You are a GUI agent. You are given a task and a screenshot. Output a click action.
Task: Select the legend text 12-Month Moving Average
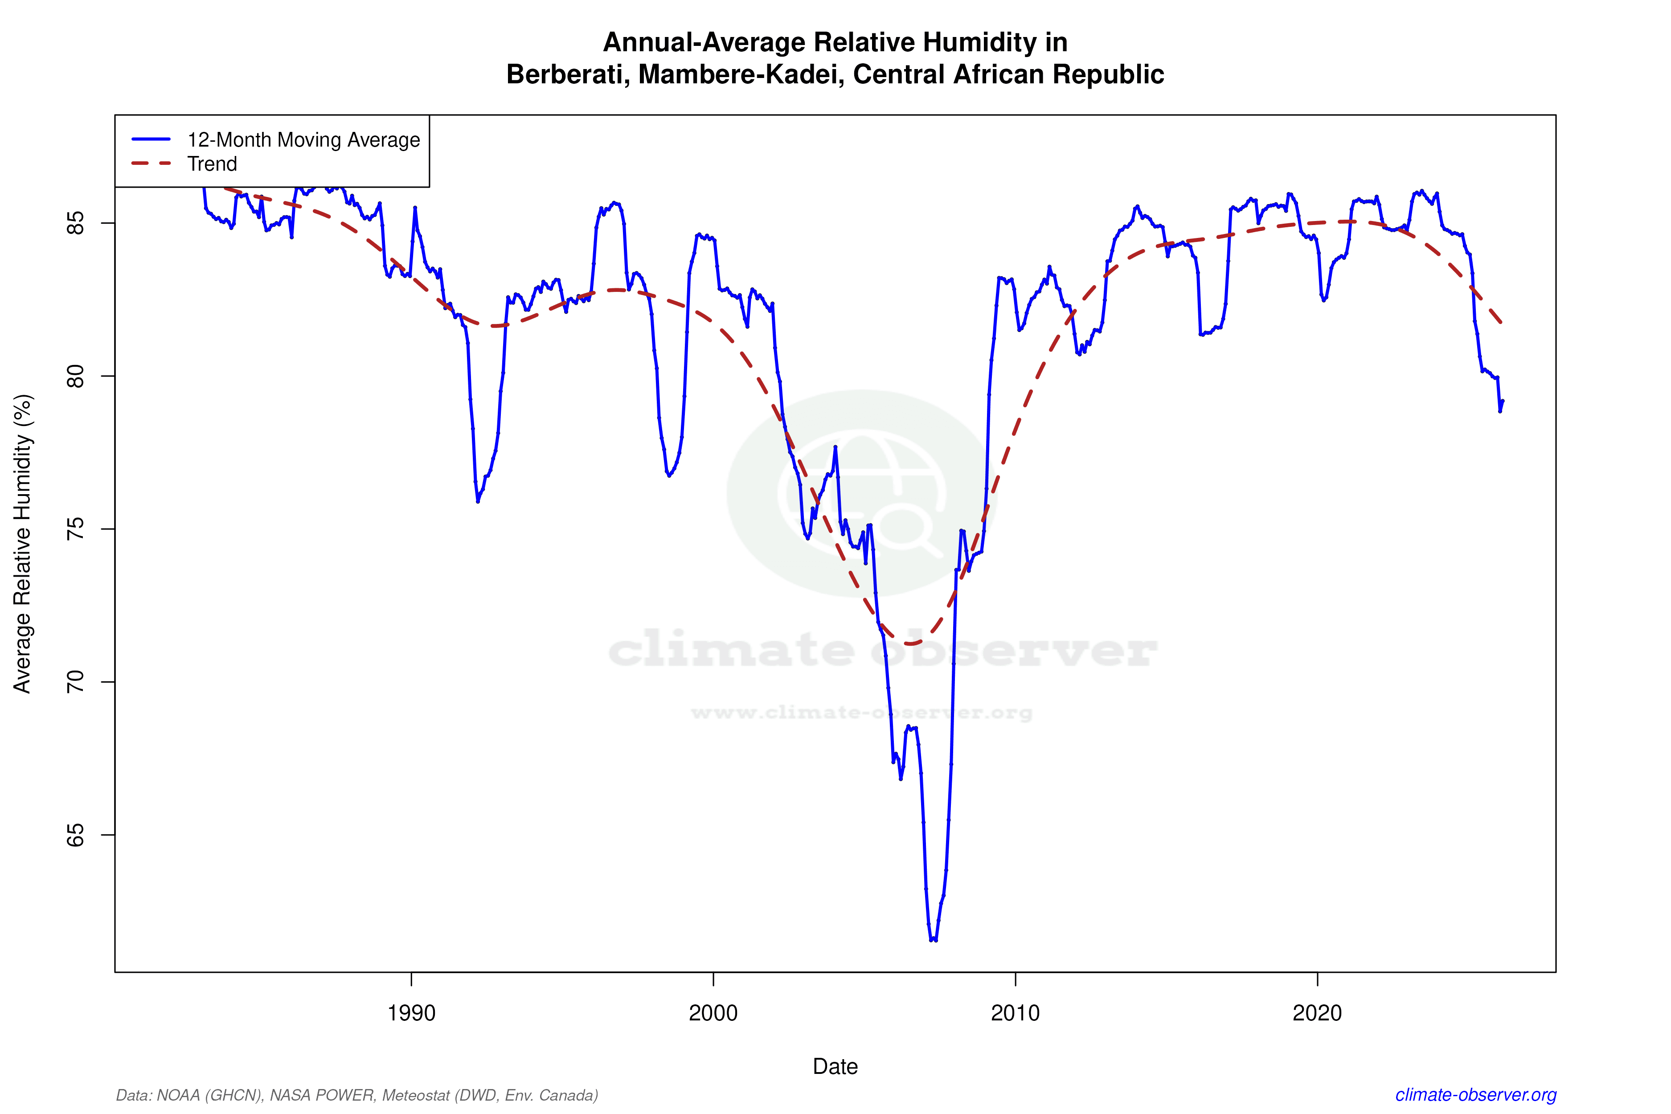pos(303,140)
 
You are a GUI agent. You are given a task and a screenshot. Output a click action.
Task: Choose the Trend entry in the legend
pos(212,164)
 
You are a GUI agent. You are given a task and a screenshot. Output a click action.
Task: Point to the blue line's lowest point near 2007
pos(933,940)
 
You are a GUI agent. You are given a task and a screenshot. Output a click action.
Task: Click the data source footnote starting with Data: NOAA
pos(356,1095)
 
